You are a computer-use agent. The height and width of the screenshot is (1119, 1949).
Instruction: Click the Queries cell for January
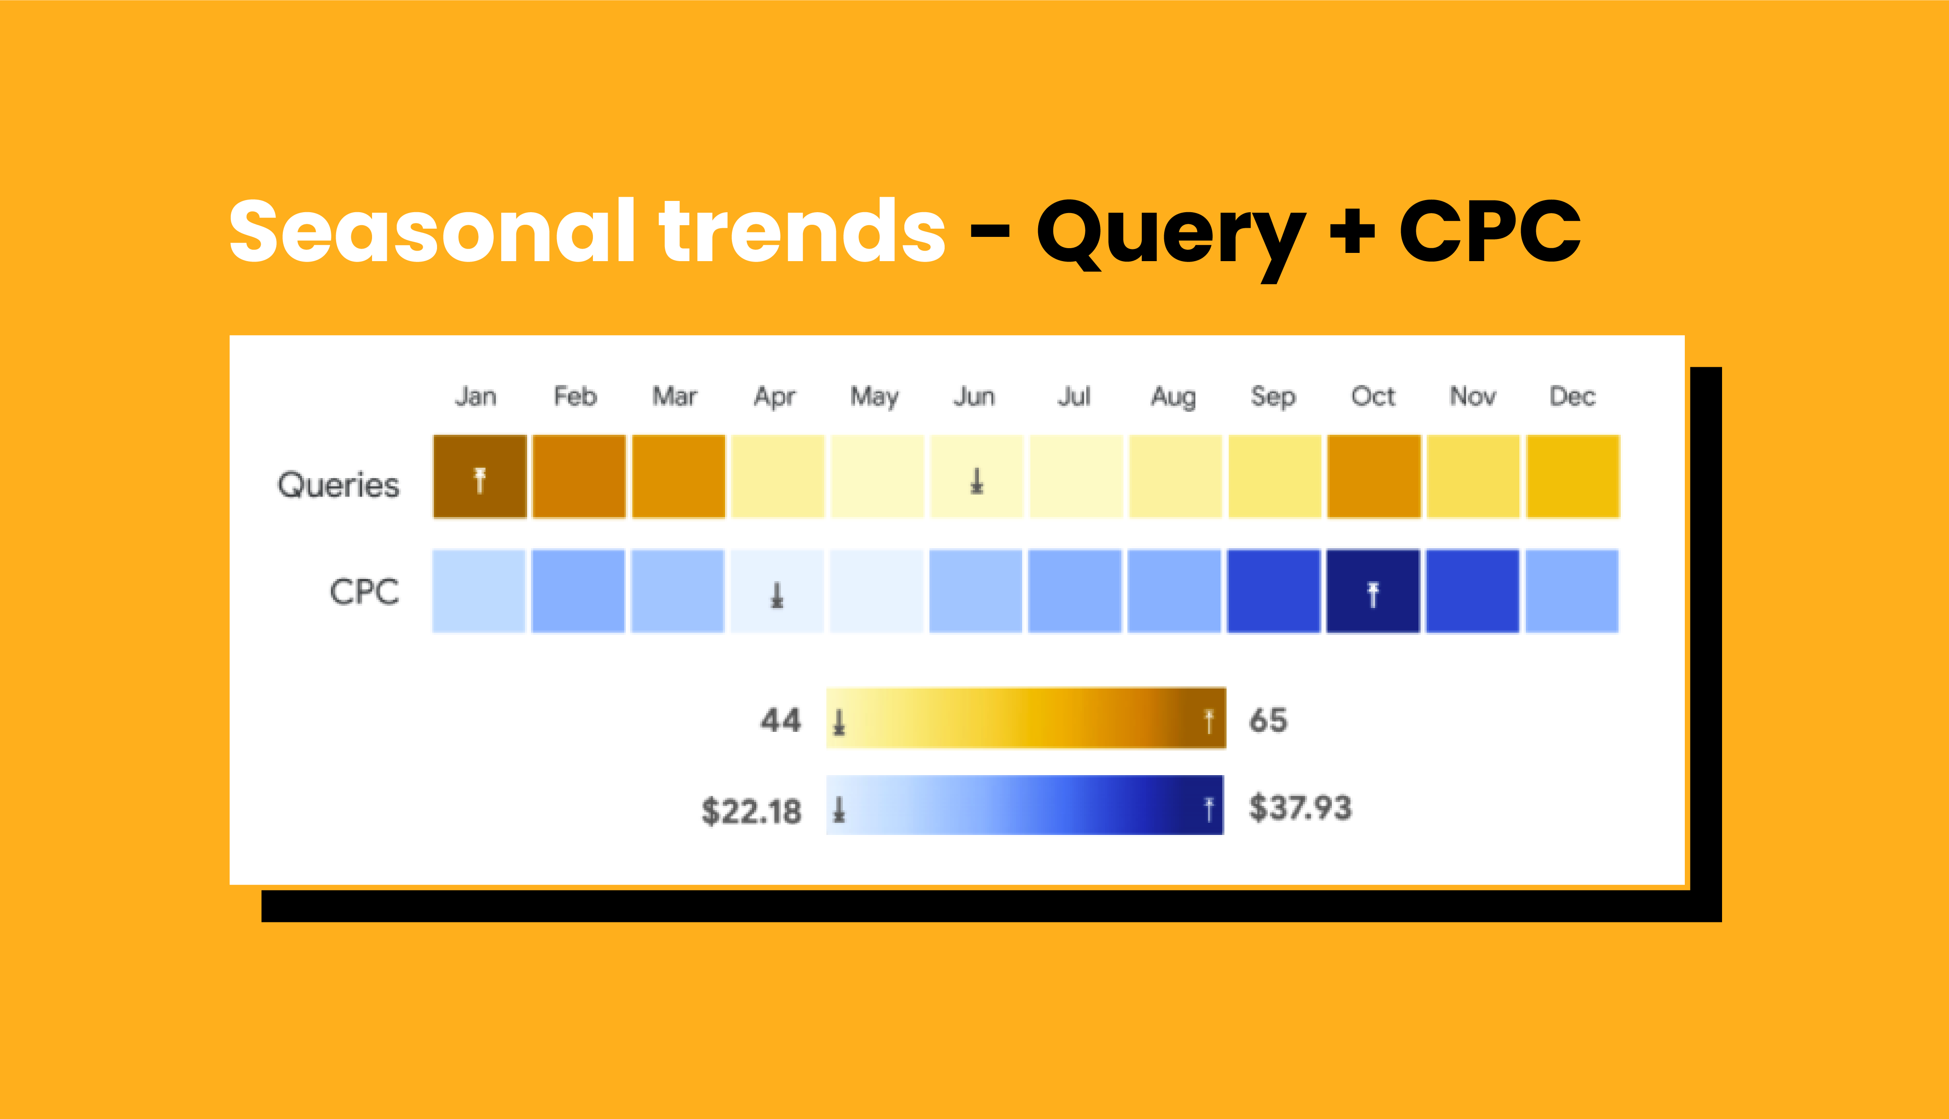479,476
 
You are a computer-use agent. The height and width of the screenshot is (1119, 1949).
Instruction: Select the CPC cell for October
1373,591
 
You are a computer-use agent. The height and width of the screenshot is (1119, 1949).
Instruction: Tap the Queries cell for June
977,476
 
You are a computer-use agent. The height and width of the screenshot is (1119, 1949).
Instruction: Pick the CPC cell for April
777,591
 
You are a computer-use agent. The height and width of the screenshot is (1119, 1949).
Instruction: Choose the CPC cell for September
1273,591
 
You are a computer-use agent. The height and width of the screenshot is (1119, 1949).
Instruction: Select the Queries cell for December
1573,476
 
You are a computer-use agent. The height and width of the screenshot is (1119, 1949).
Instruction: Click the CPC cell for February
578,591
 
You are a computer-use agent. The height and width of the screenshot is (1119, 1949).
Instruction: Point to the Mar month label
674,397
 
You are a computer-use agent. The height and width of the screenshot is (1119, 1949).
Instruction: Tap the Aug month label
1173,398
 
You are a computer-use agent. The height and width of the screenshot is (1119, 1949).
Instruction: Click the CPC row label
364,592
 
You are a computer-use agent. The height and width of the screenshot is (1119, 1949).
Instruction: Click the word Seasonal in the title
432,230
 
